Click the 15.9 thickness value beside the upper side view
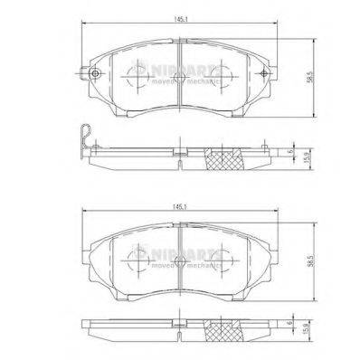[x=312, y=156]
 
